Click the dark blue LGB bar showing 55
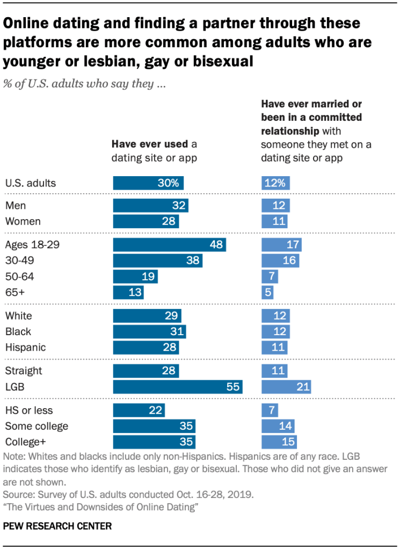coord(178,387)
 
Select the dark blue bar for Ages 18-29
coord(169,245)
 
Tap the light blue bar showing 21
coord(286,387)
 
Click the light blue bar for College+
coord(279,442)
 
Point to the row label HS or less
coord(28,411)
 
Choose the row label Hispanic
coord(25,348)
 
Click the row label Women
coord(23,221)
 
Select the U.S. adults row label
coord(30,183)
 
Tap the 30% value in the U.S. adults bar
coord(168,183)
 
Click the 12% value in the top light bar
coord(277,183)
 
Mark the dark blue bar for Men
coord(150,205)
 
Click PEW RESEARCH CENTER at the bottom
coord(57,526)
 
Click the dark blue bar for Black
coord(149,331)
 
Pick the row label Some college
coord(37,426)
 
